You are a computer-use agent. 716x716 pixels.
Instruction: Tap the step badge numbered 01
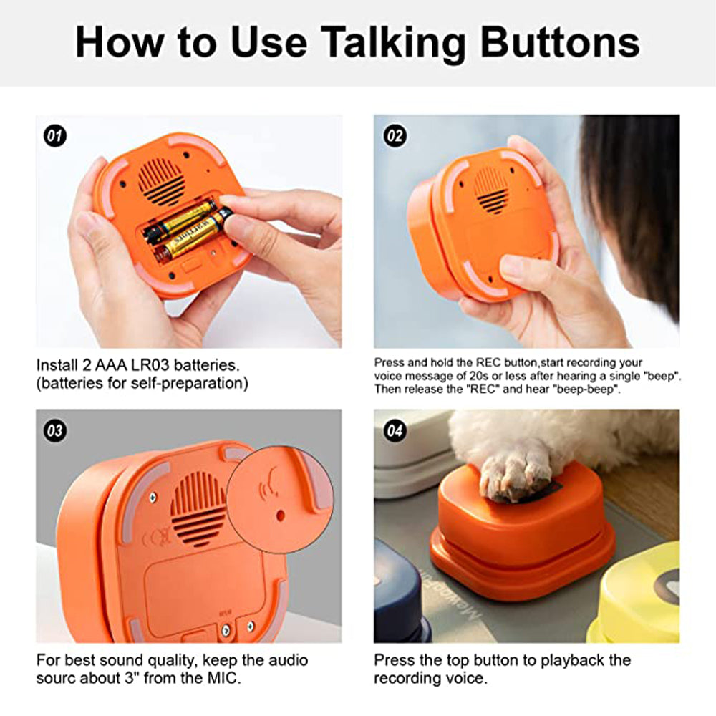[x=55, y=136]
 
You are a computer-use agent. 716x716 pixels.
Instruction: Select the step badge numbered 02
[x=395, y=136]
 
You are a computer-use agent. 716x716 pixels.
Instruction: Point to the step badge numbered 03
[x=55, y=430]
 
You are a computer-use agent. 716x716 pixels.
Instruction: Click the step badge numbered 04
[x=395, y=430]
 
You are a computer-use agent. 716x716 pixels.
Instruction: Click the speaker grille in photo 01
[x=162, y=181]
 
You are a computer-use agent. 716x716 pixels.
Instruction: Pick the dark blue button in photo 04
[x=400, y=594]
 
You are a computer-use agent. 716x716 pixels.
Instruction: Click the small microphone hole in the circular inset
[x=281, y=516]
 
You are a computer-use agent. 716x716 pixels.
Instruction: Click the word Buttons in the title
[x=560, y=42]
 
